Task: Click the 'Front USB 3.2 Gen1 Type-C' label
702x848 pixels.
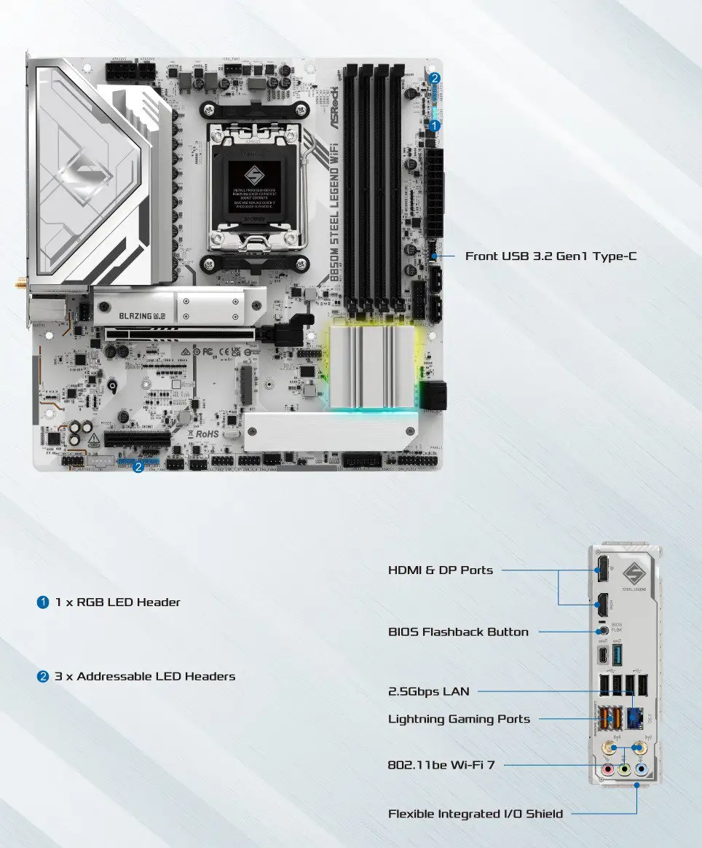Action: [551, 256]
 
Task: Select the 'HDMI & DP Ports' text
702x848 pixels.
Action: [440, 570]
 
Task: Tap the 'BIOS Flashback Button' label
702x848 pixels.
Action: [458, 632]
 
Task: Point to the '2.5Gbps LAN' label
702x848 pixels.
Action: [428, 691]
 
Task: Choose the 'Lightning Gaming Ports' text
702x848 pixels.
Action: [459, 719]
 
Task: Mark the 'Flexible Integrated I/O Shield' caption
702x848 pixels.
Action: [475, 814]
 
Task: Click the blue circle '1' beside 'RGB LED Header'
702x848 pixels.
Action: [43, 602]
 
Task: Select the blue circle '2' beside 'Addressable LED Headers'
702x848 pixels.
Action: [43, 677]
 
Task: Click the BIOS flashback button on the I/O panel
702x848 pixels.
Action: [602, 629]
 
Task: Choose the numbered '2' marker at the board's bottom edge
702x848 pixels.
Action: [138, 467]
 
